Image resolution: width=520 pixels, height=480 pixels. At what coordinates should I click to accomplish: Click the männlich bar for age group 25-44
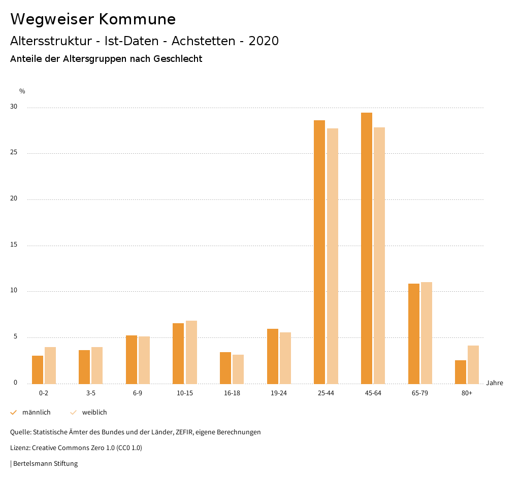pyautogui.click(x=319, y=252)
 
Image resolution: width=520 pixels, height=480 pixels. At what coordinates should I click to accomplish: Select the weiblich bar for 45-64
pyautogui.click(x=379, y=255)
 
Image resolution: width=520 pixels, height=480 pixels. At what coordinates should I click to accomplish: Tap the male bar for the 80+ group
pyautogui.click(x=461, y=372)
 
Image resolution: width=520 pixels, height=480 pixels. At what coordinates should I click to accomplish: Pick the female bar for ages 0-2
pyautogui.click(x=50, y=365)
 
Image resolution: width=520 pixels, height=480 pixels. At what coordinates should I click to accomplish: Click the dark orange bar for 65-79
pyautogui.click(x=414, y=333)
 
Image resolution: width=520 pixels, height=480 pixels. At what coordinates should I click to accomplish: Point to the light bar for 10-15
pyautogui.click(x=191, y=352)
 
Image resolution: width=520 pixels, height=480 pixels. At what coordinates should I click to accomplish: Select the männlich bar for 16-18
pyautogui.click(x=225, y=368)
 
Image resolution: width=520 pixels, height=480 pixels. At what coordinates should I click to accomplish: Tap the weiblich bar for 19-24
pyautogui.click(x=285, y=358)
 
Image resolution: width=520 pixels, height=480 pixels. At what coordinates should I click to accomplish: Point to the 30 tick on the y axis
pyautogui.click(x=13, y=107)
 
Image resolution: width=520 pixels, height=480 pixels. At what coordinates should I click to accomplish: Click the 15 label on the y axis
pyautogui.click(x=13, y=245)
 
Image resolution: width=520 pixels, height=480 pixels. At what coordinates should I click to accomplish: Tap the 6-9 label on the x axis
pyautogui.click(x=138, y=393)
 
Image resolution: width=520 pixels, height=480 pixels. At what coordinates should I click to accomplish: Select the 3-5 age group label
pyautogui.click(x=91, y=393)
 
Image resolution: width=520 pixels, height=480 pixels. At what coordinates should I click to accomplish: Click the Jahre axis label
pyautogui.click(x=495, y=383)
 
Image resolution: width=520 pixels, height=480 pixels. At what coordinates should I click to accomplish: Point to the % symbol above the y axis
pyautogui.click(x=22, y=91)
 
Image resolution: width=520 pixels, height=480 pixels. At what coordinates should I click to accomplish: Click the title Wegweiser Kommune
pyautogui.click(x=93, y=19)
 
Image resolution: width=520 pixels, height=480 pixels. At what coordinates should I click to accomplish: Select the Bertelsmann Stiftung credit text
pyautogui.click(x=45, y=463)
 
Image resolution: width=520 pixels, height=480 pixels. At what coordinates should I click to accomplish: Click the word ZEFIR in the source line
pyautogui.click(x=181, y=432)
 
